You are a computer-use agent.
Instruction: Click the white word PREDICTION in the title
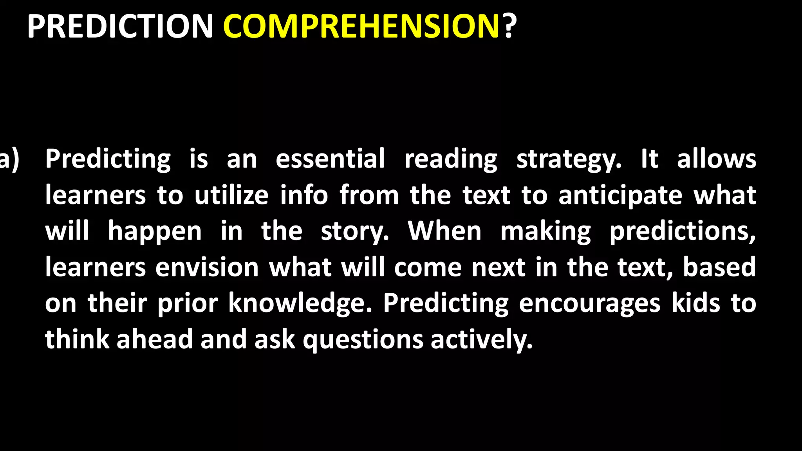coord(120,27)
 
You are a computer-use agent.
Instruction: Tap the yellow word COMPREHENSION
coord(361,27)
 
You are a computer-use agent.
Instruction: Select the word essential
coord(330,159)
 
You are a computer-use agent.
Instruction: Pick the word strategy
coord(569,160)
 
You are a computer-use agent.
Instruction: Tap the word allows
coord(716,159)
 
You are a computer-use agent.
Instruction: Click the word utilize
coord(231,195)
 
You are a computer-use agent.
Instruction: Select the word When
coord(444,231)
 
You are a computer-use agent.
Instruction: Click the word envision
coord(207,267)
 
